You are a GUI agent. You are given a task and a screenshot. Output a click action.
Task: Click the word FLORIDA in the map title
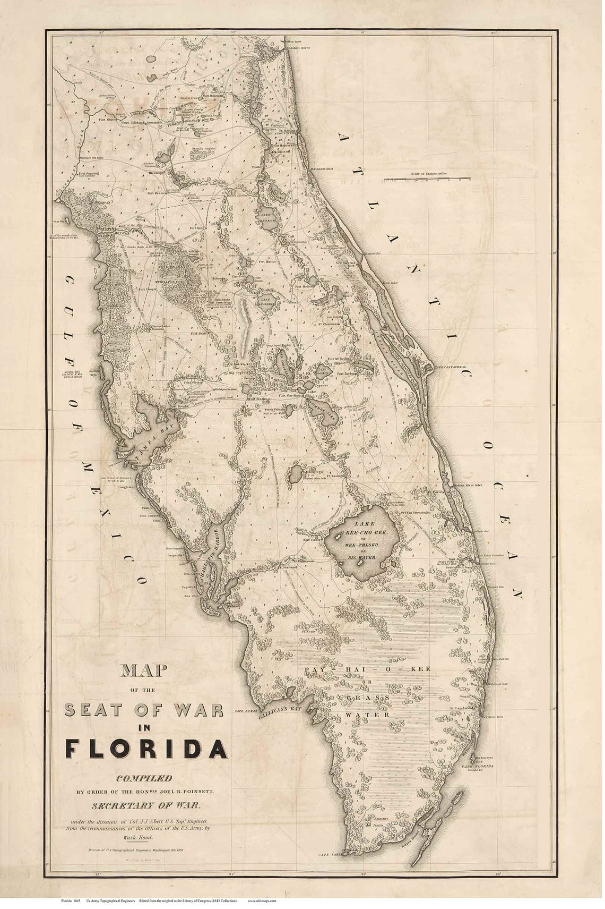[146, 748]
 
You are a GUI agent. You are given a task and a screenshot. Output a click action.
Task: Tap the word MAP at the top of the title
[145, 670]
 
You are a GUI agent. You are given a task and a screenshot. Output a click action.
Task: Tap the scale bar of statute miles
[427, 179]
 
